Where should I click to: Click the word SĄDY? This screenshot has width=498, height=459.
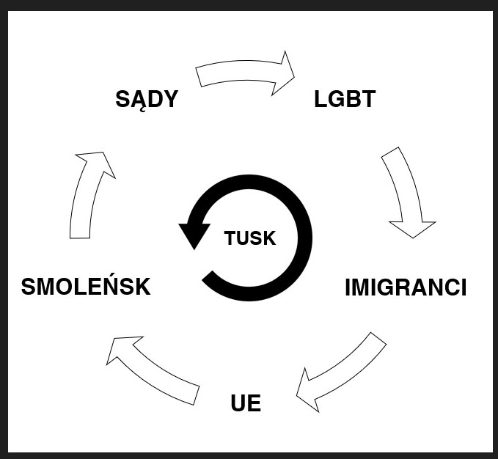[147, 99]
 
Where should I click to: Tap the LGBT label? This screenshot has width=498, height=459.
[345, 99]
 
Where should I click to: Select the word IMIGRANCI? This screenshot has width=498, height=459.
[406, 287]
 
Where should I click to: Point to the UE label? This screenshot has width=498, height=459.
[246, 403]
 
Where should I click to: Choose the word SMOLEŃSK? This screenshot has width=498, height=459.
[86, 287]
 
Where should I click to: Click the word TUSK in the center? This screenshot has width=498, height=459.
[249, 238]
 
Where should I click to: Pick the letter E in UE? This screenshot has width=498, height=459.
[254, 403]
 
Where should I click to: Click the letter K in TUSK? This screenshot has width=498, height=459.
[269, 238]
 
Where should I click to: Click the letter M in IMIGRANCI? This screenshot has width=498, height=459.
[364, 287]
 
